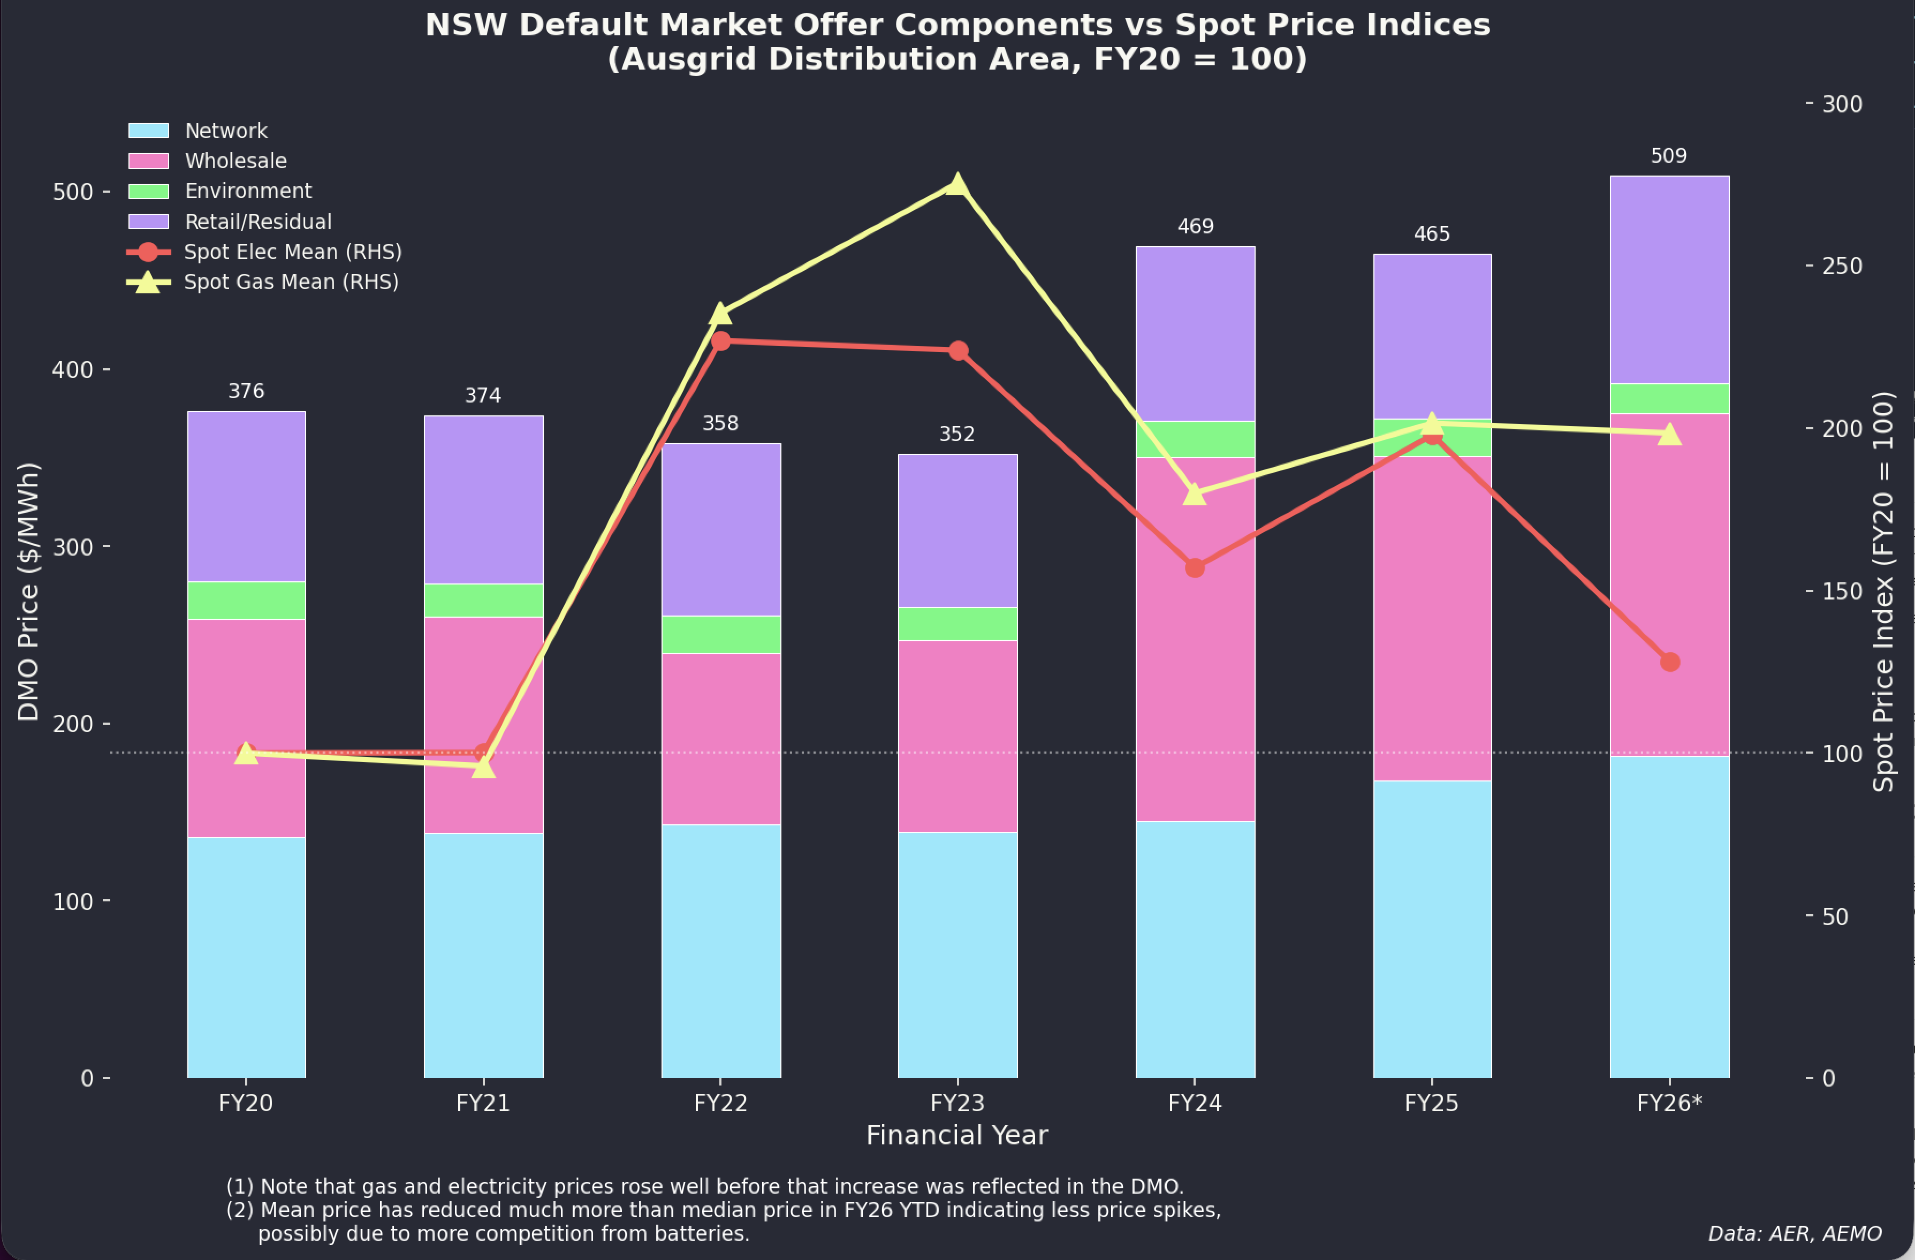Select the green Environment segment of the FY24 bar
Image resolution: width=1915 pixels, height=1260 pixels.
1195,439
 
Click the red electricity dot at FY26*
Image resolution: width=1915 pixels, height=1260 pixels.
1669,662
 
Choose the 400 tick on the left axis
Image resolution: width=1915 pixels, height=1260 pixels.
72,369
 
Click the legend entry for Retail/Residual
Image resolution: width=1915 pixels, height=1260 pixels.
257,222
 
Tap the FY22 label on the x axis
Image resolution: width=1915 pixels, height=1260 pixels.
720,1103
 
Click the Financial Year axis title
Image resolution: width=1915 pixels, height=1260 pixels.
956,1135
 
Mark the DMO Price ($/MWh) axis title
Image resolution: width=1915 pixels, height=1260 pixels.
29,591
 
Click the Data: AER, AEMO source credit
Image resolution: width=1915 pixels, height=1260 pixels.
1794,1233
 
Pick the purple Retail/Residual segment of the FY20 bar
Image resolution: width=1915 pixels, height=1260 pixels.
246,496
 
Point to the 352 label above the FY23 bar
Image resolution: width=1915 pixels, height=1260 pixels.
956,435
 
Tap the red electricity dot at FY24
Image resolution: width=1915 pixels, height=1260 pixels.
1195,568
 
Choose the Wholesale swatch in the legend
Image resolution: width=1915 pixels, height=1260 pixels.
149,162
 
